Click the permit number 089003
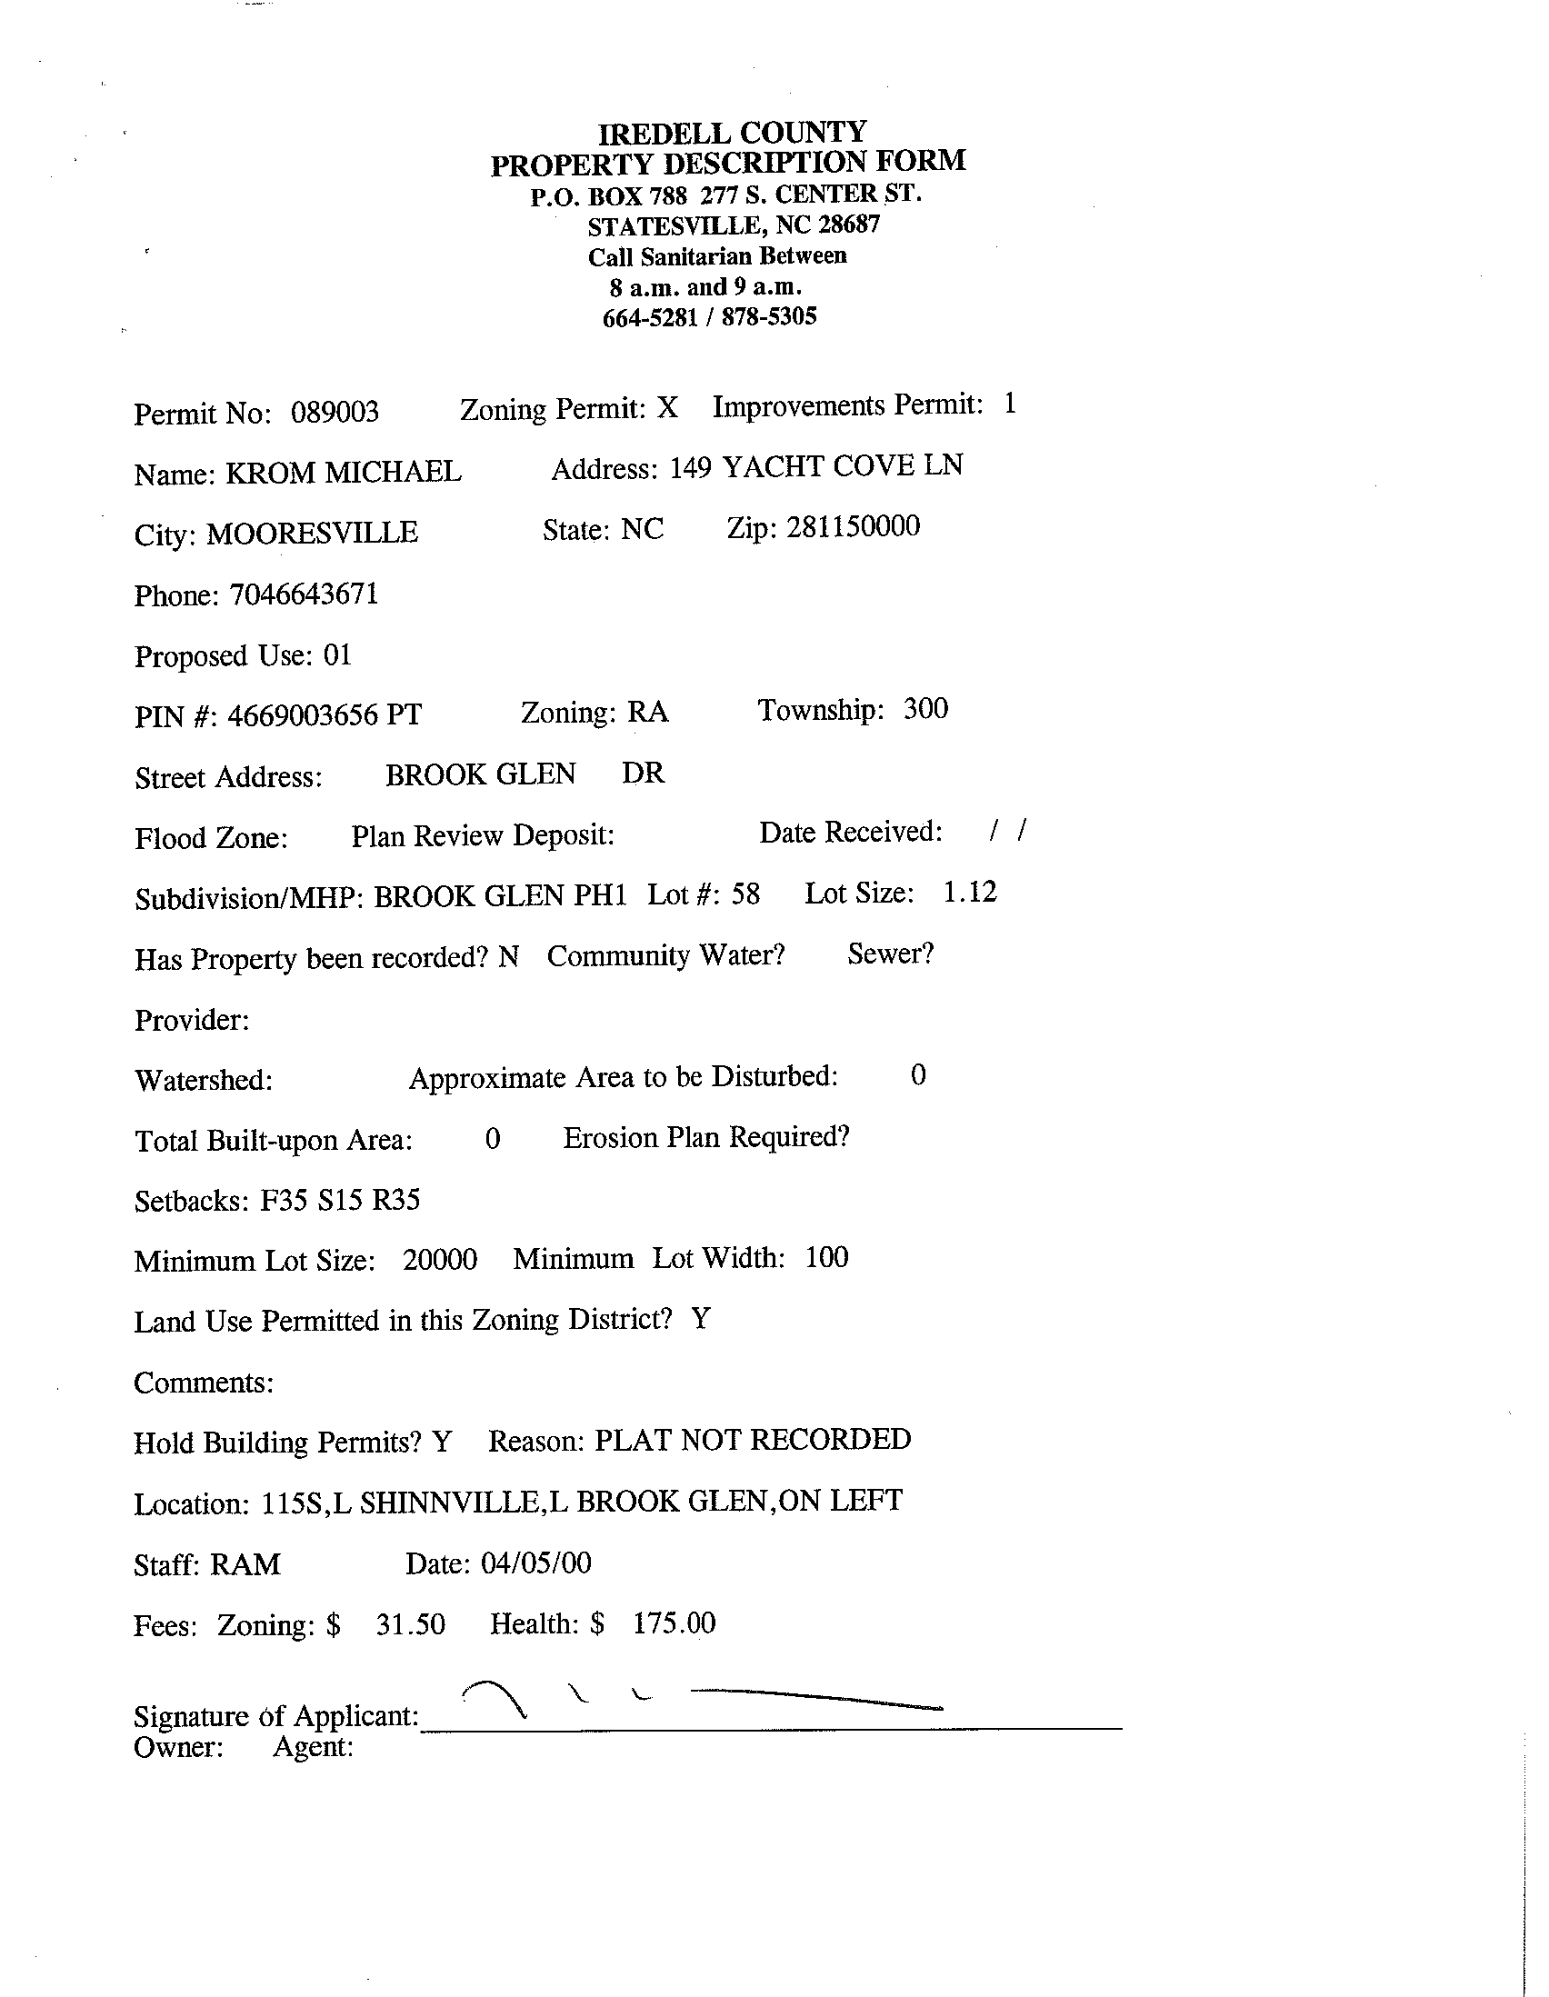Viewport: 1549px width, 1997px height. coord(335,413)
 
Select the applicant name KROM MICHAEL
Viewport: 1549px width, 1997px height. coord(343,473)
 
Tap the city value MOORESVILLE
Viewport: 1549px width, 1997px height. coord(312,533)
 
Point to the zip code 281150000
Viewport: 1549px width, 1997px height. coord(853,526)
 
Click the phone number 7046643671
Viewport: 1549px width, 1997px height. coord(304,594)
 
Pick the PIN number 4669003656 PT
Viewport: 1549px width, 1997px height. coord(324,715)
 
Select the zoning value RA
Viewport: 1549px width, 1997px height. coord(647,713)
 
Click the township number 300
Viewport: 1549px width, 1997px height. coord(925,709)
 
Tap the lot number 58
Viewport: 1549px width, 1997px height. coord(745,894)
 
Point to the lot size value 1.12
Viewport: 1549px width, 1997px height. coord(969,892)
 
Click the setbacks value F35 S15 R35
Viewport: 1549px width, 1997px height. coord(340,1199)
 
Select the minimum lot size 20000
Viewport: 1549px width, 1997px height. coord(440,1260)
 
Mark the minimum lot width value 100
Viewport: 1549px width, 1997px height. coord(826,1257)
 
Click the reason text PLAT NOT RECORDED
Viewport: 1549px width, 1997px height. coord(753,1439)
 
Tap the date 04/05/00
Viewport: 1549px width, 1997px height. coord(535,1563)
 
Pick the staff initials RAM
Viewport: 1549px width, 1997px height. coord(245,1564)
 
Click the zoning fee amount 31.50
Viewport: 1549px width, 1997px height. coord(411,1624)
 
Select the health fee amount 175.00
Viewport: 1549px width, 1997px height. coord(674,1623)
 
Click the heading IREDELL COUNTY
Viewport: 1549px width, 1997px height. coord(732,134)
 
